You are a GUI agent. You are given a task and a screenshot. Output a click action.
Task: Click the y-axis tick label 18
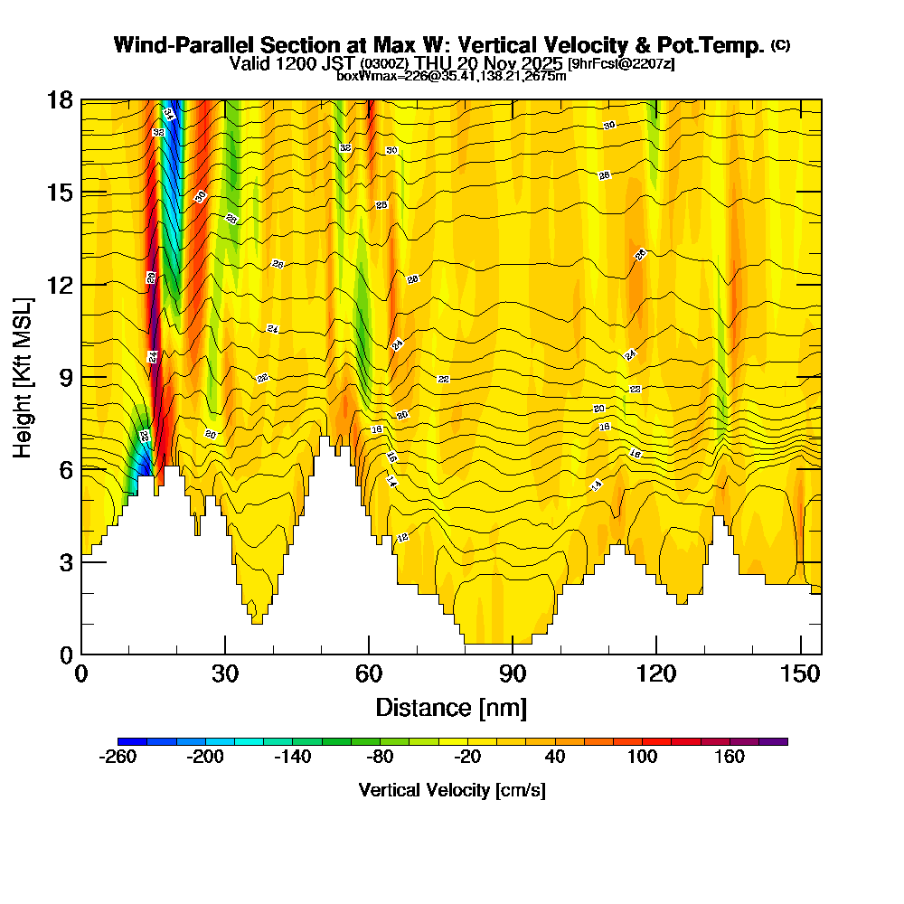point(61,99)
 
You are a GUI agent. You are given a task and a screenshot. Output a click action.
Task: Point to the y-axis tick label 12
point(61,285)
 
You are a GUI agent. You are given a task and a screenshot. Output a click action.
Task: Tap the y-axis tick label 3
point(66,561)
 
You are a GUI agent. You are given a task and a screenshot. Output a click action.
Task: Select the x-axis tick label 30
point(225,674)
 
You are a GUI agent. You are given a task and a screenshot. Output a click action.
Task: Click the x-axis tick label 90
point(513,674)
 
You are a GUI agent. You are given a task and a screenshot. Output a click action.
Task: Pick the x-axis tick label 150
point(801,674)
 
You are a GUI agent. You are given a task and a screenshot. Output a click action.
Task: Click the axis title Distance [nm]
point(451,707)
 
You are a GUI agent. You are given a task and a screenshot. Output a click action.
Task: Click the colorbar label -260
point(117,757)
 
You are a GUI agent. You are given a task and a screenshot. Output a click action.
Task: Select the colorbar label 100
point(642,757)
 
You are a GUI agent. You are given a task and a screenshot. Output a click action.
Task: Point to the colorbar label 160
point(730,757)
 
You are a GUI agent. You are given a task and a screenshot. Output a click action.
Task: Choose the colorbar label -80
point(379,757)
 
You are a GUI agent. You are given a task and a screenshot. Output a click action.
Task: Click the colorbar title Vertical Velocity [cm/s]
point(452,790)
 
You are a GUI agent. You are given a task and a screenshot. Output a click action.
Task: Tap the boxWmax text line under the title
point(451,76)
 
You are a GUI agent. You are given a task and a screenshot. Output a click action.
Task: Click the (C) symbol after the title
point(780,45)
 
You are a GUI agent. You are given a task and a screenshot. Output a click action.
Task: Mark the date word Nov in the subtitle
point(510,63)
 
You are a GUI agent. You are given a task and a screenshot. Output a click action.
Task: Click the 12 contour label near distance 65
point(402,538)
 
